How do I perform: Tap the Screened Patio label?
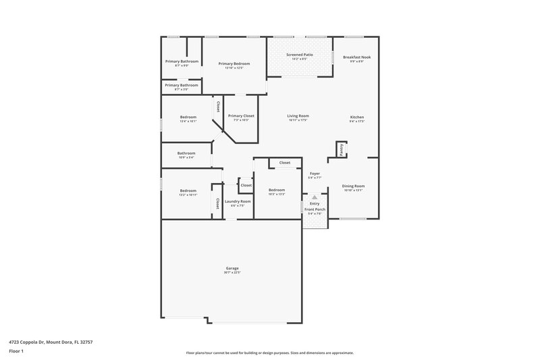299,55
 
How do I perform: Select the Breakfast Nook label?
356,57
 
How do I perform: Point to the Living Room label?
298,115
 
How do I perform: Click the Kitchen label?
356,117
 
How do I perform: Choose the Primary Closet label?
241,115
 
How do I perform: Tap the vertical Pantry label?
342,150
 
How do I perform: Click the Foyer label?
315,174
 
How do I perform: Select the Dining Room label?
354,186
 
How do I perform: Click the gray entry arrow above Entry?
314,197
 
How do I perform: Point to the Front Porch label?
315,209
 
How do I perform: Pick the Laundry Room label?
237,201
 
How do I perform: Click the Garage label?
232,268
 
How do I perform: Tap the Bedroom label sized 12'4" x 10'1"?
188,117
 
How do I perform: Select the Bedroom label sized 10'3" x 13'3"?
277,190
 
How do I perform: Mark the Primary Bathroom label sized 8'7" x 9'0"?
182,61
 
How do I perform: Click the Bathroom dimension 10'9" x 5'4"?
186,157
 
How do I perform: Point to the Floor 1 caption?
16,352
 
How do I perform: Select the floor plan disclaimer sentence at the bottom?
269,353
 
